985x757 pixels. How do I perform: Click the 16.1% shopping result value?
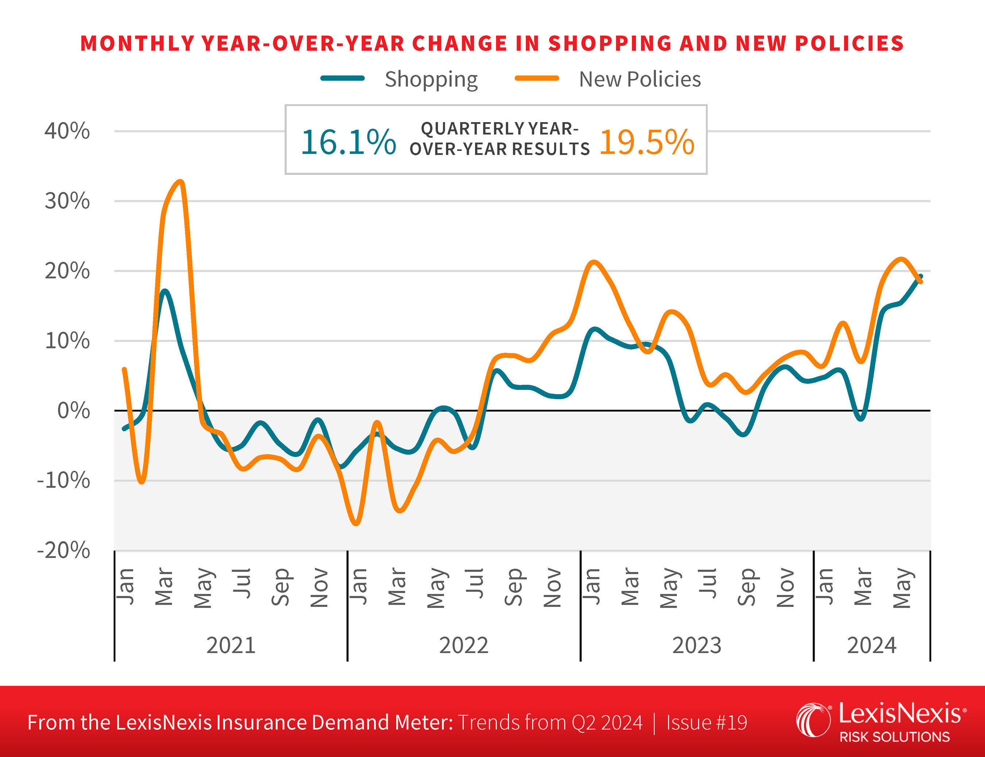[x=348, y=142]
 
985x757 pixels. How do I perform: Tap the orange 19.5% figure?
[x=647, y=142]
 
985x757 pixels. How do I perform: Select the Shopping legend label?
[x=431, y=79]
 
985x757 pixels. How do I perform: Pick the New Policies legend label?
[x=640, y=79]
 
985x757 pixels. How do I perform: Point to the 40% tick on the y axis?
[x=67, y=131]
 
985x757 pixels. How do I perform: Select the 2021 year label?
[x=231, y=645]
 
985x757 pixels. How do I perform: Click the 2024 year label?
[x=871, y=645]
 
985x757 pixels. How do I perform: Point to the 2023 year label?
[x=697, y=645]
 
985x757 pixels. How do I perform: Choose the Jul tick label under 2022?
[x=475, y=584]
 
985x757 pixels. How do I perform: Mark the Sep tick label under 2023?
[x=746, y=587]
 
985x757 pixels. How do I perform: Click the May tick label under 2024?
[x=902, y=588]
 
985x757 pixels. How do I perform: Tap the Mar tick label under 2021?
[x=164, y=587]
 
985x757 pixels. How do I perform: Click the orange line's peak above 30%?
[x=181, y=182]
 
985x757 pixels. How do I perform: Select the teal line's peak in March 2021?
[x=164, y=291]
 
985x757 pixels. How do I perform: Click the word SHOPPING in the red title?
[x=609, y=44]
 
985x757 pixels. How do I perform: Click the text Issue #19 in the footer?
[x=706, y=722]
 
